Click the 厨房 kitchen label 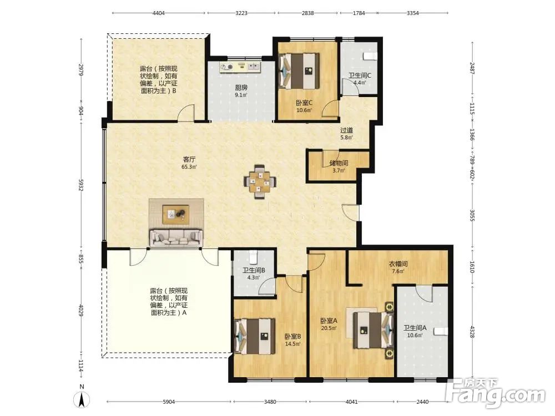tap(241, 88)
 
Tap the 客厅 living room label tap(189, 160)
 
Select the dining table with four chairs tap(260, 181)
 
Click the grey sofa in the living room tap(176, 238)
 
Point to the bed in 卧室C tap(300, 71)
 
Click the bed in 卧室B tap(255, 336)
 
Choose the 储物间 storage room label tap(339, 163)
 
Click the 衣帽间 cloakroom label tap(398, 264)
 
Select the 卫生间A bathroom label tap(415, 328)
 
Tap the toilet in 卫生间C tap(370, 56)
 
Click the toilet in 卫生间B tap(253, 257)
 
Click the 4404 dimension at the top tap(159, 13)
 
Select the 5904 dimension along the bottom tap(169, 402)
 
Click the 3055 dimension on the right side tap(472, 215)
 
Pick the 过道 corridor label tap(346, 130)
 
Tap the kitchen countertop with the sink tap(240, 67)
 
